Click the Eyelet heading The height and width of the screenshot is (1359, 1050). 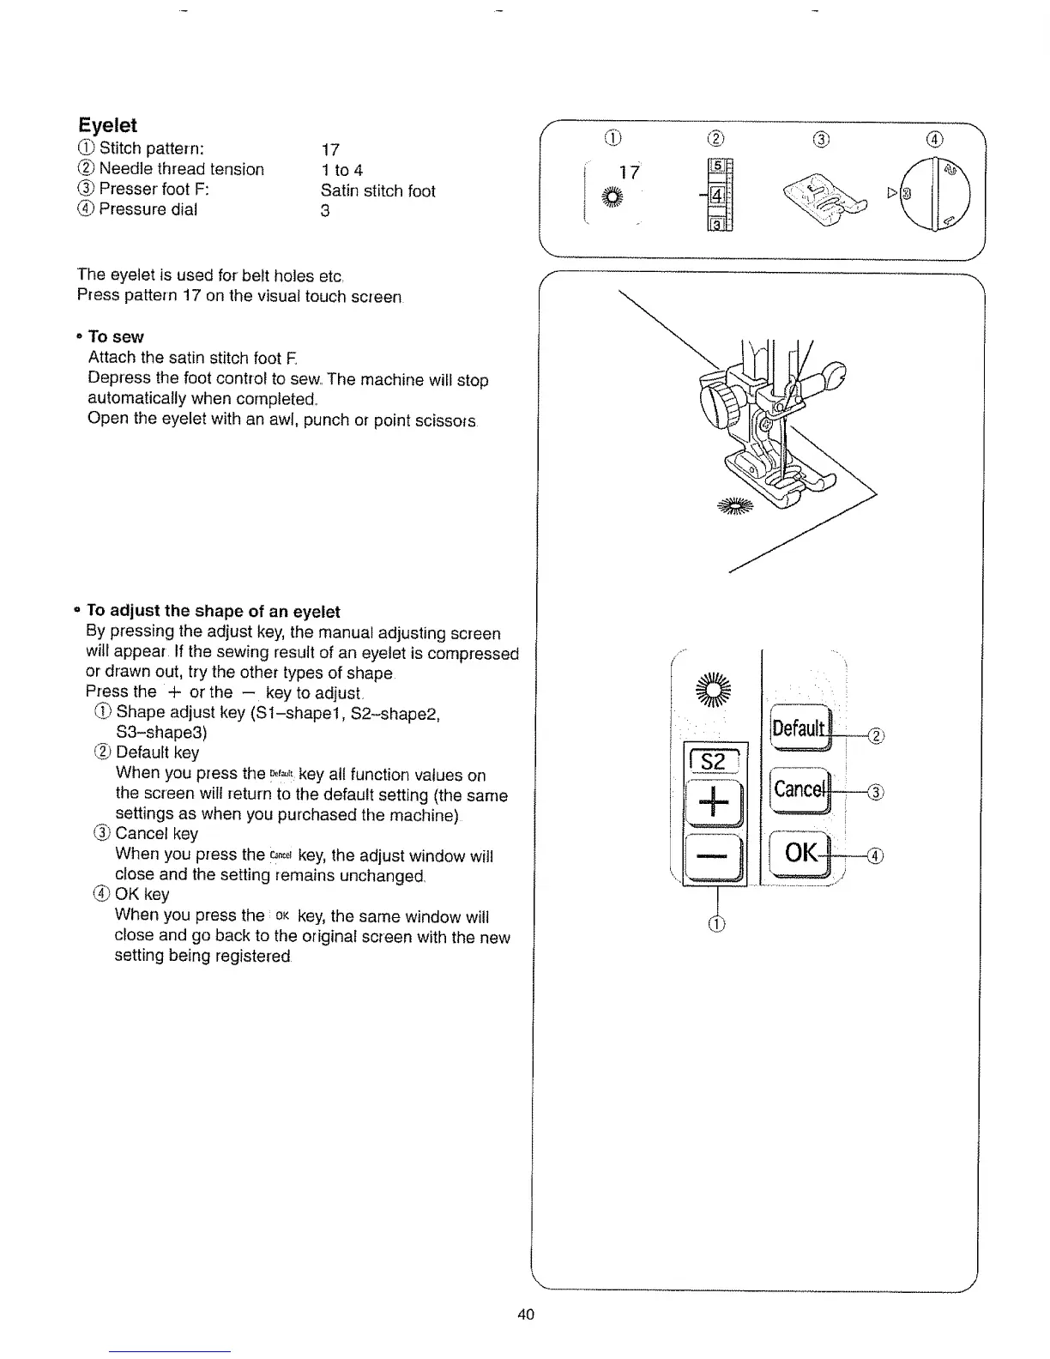click(x=107, y=125)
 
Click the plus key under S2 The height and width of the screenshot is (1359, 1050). click(x=715, y=803)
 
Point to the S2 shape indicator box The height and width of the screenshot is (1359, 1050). click(x=714, y=761)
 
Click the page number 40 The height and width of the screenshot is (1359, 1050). click(x=526, y=1314)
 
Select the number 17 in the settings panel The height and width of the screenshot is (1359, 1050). click(x=629, y=172)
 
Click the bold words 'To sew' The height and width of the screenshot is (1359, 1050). click(x=116, y=337)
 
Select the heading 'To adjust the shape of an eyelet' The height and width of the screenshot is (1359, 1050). click(x=214, y=612)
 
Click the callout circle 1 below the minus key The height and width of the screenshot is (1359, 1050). click(x=717, y=924)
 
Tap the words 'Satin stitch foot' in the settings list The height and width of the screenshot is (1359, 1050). click(x=377, y=190)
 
